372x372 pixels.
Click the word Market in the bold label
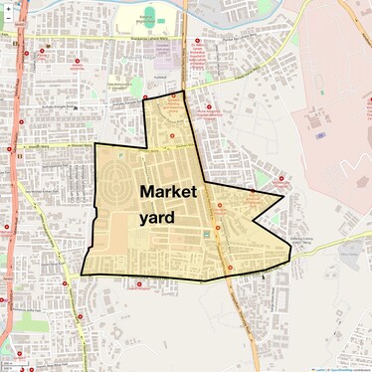coord(169,190)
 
